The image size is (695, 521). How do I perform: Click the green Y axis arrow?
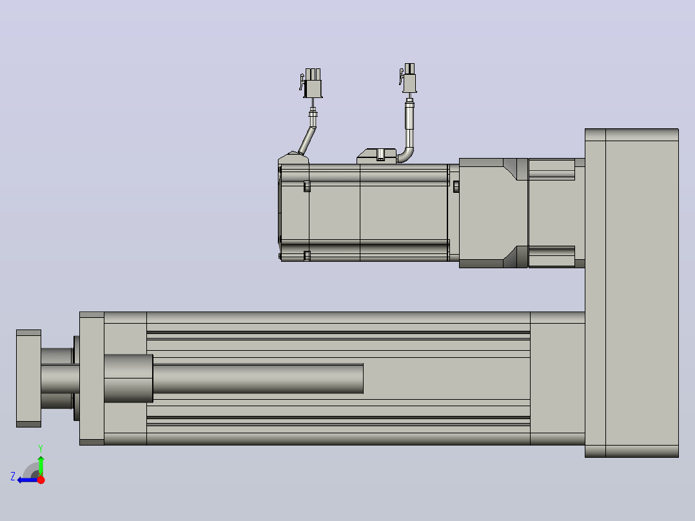[x=41, y=466]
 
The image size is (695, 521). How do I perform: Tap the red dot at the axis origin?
[x=41, y=480]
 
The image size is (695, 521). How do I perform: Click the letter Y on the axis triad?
[x=41, y=449]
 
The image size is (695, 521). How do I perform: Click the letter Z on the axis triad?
[x=13, y=477]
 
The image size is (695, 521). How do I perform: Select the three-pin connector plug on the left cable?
[x=312, y=83]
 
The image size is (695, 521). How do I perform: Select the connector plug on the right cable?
[x=409, y=78]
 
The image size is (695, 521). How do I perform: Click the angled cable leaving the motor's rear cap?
[x=308, y=140]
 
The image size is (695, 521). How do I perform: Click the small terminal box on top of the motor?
[x=377, y=156]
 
